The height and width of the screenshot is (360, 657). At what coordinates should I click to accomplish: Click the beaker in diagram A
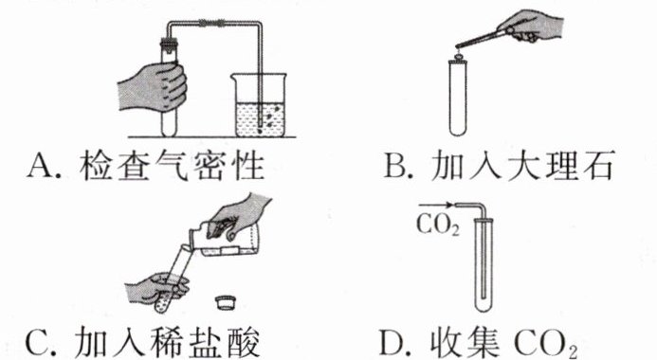[x=260, y=104]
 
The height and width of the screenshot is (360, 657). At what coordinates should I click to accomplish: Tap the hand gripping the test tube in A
[x=153, y=87]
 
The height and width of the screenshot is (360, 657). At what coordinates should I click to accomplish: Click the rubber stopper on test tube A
[x=169, y=43]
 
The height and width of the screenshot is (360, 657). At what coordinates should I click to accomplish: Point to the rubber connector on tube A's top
[x=211, y=22]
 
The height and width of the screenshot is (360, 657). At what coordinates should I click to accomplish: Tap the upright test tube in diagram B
[x=458, y=98]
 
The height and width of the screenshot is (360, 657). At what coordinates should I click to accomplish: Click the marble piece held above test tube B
[x=459, y=53]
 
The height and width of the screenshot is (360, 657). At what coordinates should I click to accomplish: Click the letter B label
[x=395, y=166]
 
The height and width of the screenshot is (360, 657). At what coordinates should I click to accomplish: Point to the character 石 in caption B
[x=599, y=165]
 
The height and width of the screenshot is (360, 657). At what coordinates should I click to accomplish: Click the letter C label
[x=39, y=342]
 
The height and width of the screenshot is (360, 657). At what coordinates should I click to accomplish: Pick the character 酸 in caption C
[x=245, y=342]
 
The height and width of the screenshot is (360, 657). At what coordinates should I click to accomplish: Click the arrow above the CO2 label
[x=436, y=206]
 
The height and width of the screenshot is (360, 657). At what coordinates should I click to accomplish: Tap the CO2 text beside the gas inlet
[x=438, y=225]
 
